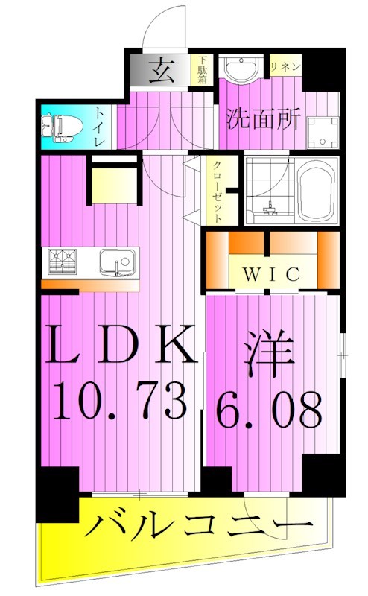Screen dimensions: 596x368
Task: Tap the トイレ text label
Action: pos(100,126)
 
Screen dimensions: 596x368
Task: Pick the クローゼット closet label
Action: pos(217,191)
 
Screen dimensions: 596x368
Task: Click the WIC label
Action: pos(270,273)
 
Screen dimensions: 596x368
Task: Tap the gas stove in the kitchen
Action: pos(65,261)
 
